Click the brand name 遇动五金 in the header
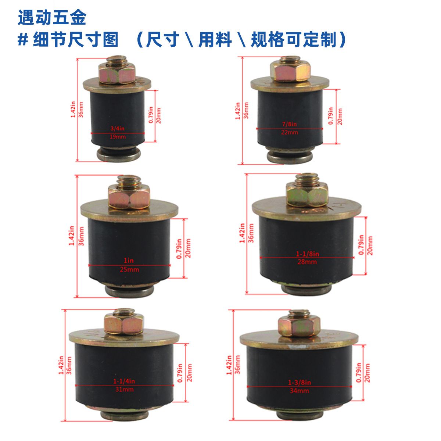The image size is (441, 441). click(52, 18)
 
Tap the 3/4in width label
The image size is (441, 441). click(117, 128)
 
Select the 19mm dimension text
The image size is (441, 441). click(118, 137)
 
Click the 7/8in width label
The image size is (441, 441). click(290, 124)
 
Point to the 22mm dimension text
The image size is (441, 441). click(290, 132)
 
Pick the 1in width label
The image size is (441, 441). click(129, 260)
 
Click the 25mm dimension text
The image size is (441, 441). click(129, 269)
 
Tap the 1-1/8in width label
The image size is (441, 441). click(308, 254)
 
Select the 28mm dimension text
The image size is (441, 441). click(307, 262)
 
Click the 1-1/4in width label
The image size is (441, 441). click(124, 381)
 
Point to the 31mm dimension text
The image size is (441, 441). click(124, 389)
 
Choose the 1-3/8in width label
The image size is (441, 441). click(300, 383)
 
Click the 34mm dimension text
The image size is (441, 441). click(300, 391)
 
